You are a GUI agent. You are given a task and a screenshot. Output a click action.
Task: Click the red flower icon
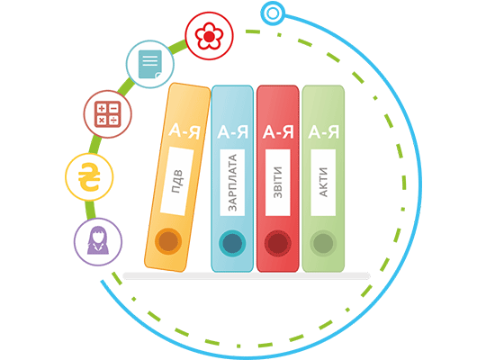[209, 36]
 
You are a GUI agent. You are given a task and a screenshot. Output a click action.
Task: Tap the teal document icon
[150, 64]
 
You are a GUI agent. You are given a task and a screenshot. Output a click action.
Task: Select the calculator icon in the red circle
[108, 114]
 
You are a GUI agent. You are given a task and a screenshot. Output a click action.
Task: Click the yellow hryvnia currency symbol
[89, 176]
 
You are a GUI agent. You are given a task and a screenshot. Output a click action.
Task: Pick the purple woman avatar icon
[98, 240]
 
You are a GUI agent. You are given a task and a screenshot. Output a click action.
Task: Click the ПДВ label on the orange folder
[177, 182]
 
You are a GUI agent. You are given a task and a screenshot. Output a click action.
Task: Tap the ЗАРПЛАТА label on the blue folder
[232, 183]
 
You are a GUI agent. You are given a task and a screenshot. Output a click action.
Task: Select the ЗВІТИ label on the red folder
[278, 183]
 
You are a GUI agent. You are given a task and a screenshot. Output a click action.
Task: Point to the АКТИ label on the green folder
[323, 183]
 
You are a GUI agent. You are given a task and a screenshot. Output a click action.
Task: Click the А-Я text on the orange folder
[184, 131]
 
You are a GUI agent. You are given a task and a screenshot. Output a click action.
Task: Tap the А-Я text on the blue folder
[233, 131]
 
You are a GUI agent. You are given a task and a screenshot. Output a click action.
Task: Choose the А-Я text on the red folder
[278, 131]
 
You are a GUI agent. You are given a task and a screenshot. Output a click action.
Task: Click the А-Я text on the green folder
[324, 131]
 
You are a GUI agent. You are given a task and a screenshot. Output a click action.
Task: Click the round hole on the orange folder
[168, 241]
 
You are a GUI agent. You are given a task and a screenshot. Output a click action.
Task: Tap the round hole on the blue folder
[232, 243]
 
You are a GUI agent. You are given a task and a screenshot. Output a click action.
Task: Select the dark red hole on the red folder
[278, 243]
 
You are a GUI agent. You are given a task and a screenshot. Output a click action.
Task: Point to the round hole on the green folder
[323, 243]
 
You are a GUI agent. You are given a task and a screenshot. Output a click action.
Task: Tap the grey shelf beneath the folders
[247, 276]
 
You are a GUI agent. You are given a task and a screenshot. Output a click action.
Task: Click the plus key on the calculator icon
[102, 108]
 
